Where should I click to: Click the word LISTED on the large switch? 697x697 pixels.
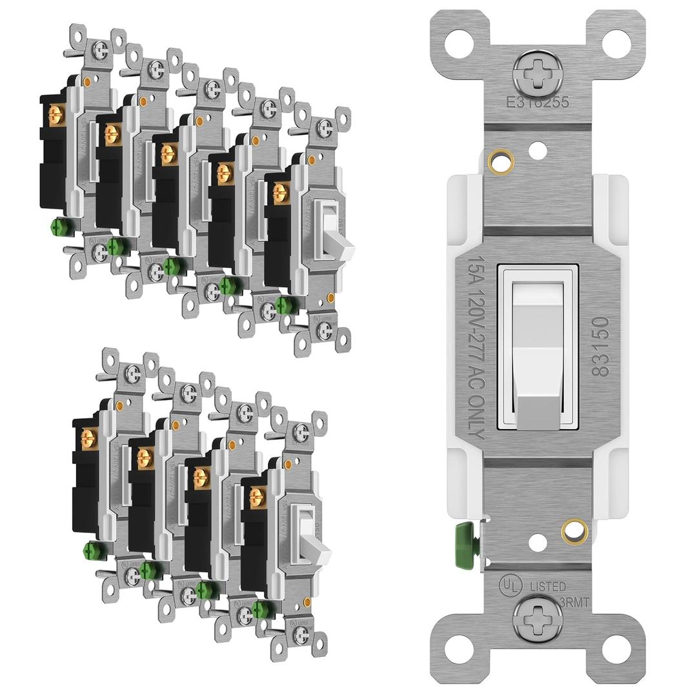tap(548, 586)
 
